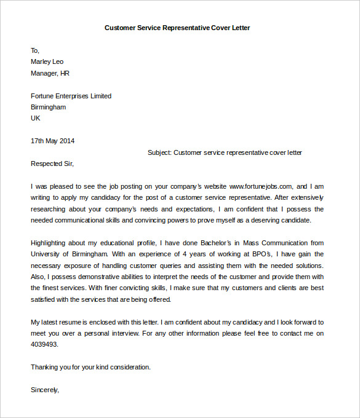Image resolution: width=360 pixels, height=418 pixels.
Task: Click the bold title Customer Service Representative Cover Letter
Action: click(x=177, y=28)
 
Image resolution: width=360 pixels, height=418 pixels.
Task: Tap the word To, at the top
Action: click(x=35, y=50)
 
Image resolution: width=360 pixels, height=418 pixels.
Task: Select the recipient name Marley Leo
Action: click(x=47, y=61)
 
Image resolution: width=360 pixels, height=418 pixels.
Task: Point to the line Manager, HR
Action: click(x=50, y=73)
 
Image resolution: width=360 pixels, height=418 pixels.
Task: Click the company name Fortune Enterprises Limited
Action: click(x=71, y=96)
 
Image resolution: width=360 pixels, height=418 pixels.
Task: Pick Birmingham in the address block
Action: click(x=48, y=107)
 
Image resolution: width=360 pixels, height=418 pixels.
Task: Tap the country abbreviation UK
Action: click(x=35, y=118)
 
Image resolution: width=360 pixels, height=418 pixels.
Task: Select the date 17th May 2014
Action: click(x=52, y=141)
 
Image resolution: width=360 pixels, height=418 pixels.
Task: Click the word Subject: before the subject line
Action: click(x=160, y=152)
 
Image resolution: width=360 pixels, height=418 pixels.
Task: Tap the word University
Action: click(x=46, y=254)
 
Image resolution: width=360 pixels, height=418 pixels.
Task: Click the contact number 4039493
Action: click(x=44, y=344)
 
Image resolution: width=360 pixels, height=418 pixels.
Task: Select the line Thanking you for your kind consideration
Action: click(x=90, y=367)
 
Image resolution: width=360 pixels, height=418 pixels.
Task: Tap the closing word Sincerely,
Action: click(x=45, y=390)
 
